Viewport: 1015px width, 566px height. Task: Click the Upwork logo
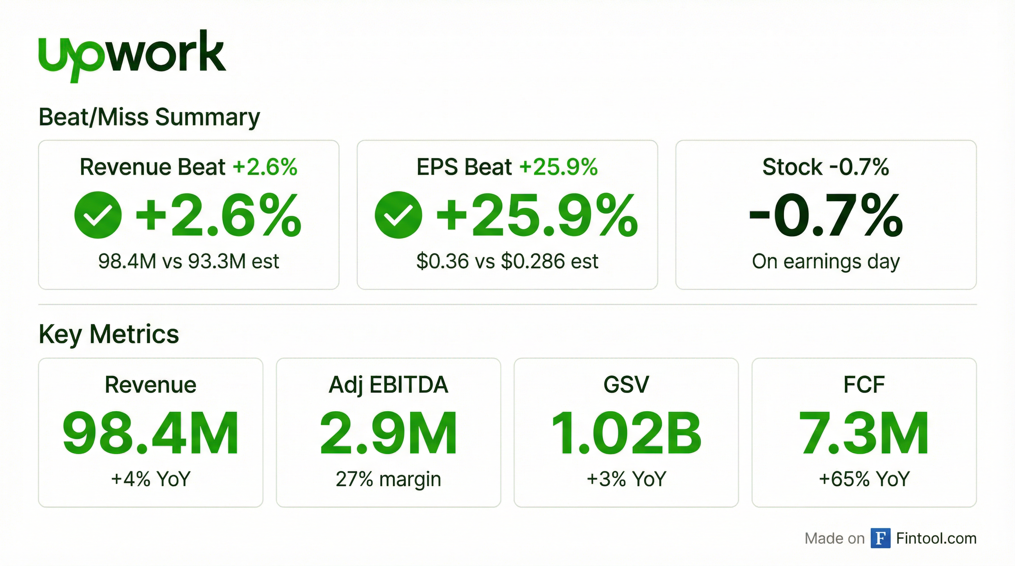click(x=132, y=55)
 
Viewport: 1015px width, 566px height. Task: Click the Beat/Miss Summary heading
click(x=149, y=117)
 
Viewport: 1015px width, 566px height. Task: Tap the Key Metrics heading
click(x=109, y=334)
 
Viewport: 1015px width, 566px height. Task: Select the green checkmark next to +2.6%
click(x=98, y=215)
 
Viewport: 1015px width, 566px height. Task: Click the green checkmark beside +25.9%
click(x=398, y=215)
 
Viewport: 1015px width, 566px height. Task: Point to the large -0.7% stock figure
click(x=826, y=216)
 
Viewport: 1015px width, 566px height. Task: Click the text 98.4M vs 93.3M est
click(x=188, y=261)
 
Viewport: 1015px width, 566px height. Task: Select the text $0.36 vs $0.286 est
click(x=507, y=261)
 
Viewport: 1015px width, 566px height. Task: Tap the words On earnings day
click(x=826, y=261)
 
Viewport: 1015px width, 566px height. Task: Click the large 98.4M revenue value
click(x=150, y=433)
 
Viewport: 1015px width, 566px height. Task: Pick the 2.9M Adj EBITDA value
click(x=388, y=433)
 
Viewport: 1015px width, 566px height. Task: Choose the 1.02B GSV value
click(x=626, y=433)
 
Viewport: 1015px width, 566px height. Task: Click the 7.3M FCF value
click(x=864, y=433)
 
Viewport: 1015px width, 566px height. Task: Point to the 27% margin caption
click(x=388, y=479)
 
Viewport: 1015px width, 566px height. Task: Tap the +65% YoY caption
click(x=864, y=479)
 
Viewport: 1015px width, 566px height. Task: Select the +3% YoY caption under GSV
click(x=626, y=479)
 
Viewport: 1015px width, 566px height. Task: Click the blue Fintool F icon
click(x=880, y=538)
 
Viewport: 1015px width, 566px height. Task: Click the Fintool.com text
click(x=936, y=538)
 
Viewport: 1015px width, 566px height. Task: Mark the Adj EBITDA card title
click(x=388, y=385)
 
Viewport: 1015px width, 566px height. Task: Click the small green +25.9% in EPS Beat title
click(x=558, y=167)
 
